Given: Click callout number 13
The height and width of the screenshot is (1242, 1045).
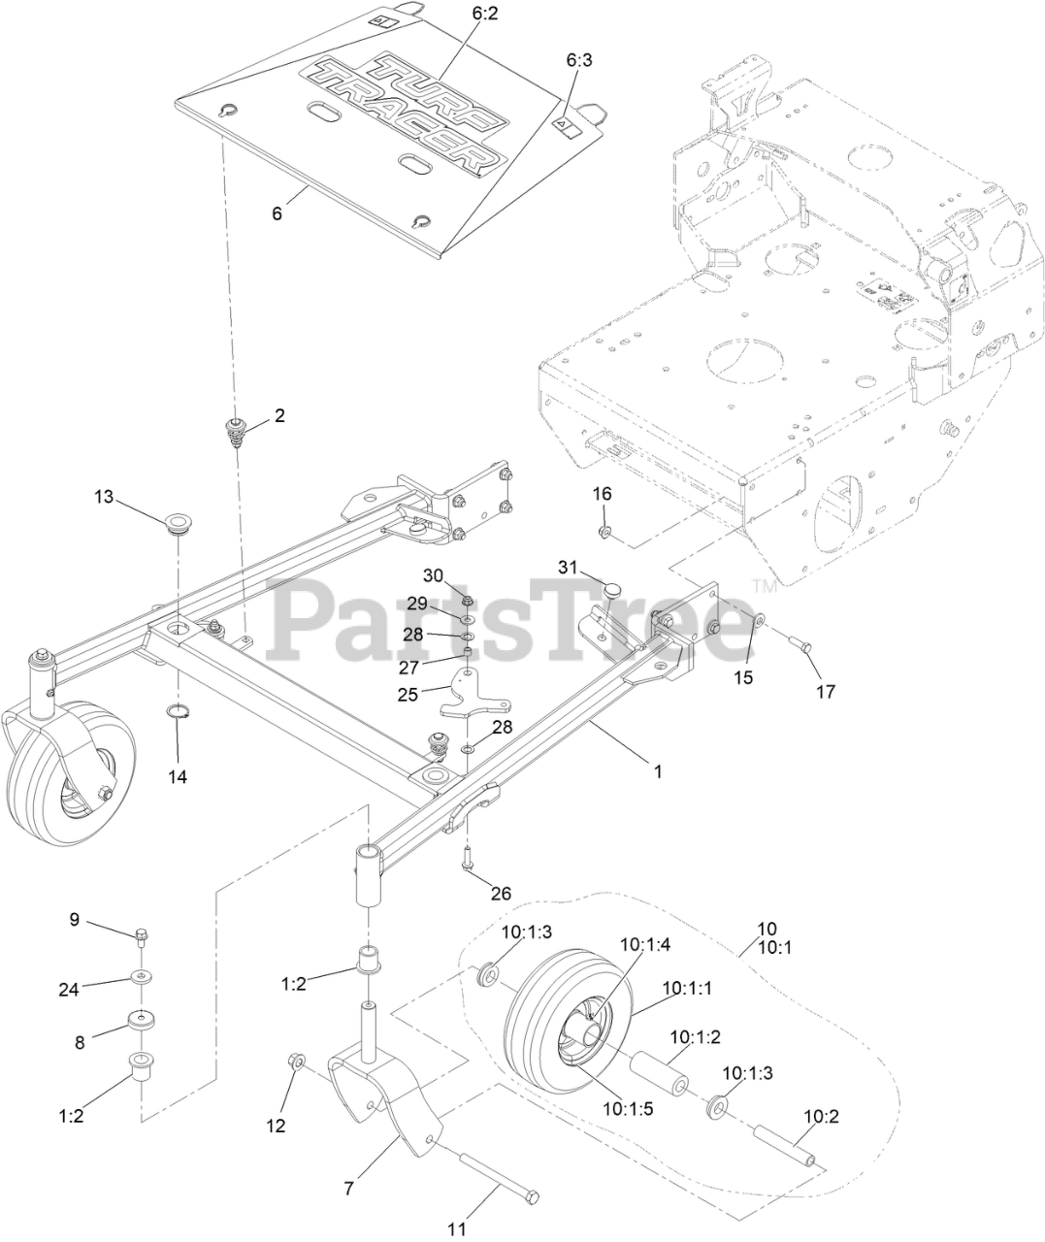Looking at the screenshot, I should (104, 497).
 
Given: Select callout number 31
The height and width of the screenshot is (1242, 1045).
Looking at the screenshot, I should (567, 566).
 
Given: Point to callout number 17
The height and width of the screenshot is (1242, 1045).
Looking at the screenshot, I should (825, 692).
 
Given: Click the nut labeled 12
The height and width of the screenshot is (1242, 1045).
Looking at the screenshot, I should (297, 1063).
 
